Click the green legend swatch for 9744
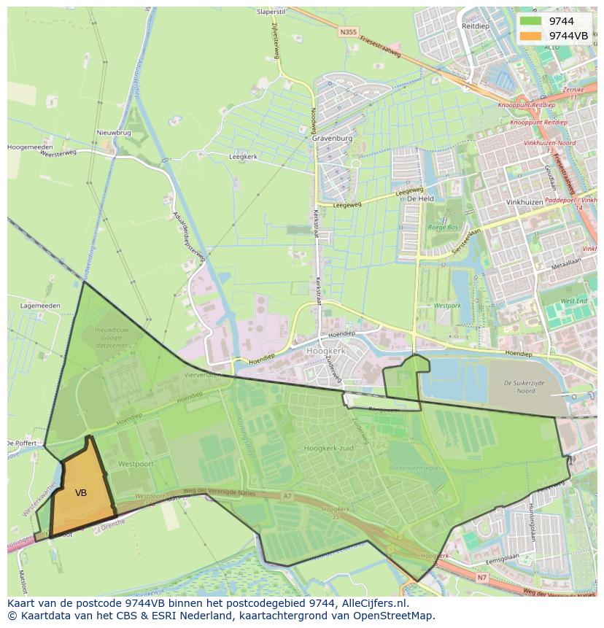pos(530,21)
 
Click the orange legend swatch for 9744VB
pos(530,36)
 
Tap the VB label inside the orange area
pos(81,493)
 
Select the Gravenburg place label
pos(332,138)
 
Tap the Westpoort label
pos(135,463)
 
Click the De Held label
pos(420,198)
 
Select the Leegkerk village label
pos(243,156)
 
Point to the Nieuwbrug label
pos(113,133)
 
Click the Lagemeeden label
pos(39,306)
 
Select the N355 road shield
pos(348,32)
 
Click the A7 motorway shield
pos(287,496)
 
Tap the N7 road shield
pos(481,578)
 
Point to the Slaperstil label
pos(271,12)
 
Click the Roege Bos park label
pos(443,228)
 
